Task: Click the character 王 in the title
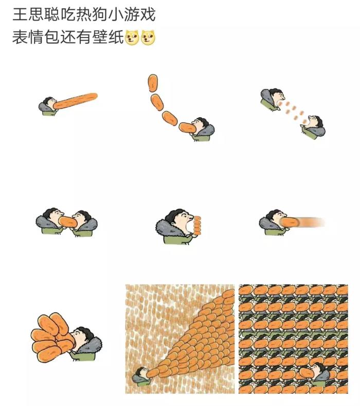pyautogui.click(x=20, y=14)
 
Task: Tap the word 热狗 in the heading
pyautogui.click(x=92, y=14)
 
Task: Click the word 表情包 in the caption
pyautogui.click(x=36, y=38)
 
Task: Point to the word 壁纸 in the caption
pyautogui.click(x=108, y=38)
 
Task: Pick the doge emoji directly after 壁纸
pyautogui.click(x=132, y=38)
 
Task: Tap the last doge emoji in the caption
pyautogui.click(x=148, y=38)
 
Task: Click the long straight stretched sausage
pyautogui.click(x=75, y=101)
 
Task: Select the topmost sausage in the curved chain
pyautogui.click(x=153, y=83)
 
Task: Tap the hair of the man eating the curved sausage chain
pyautogui.click(x=203, y=122)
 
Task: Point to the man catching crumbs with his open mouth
pyautogui.click(x=313, y=128)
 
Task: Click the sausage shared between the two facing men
pyautogui.click(x=67, y=222)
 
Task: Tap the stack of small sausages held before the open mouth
pyautogui.click(x=197, y=226)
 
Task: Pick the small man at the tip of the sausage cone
pyautogui.click(x=141, y=376)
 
